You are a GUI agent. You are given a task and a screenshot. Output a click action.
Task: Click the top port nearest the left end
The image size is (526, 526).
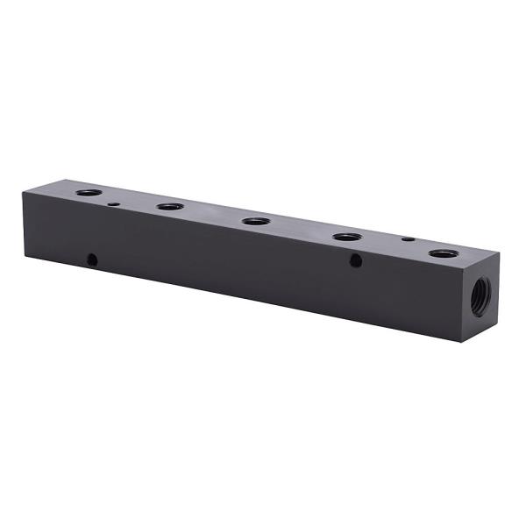(x=89, y=192)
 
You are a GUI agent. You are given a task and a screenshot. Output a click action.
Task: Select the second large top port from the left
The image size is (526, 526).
(x=170, y=207)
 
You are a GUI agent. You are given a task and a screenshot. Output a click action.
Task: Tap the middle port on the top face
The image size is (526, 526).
(x=256, y=221)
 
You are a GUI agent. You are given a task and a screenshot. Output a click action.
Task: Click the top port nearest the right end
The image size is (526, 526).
(x=444, y=254)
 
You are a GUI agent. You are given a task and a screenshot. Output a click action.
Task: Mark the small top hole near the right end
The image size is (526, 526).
(x=407, y=238)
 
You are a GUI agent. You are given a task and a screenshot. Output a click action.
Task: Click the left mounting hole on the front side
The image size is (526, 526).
(x=91, y=259)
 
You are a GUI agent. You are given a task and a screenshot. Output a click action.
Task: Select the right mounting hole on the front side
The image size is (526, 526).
(x=355, y=260)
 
